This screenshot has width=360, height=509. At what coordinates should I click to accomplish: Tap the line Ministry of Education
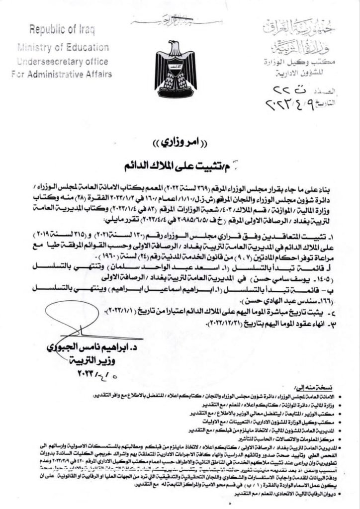(x=63, y=48)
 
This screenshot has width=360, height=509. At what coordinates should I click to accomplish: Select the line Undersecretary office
(x=63, y=61)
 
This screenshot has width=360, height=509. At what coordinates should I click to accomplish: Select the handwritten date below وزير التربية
(x=93, y=373)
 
